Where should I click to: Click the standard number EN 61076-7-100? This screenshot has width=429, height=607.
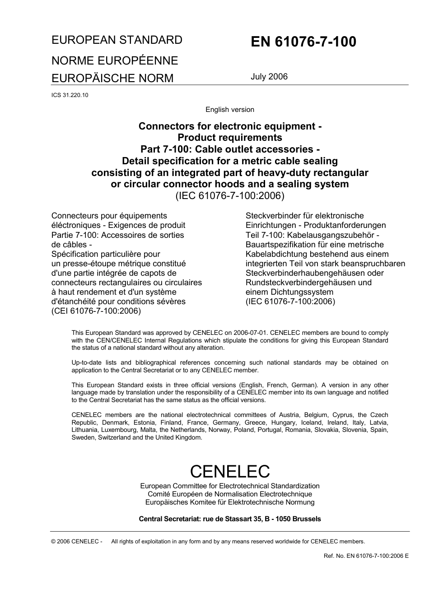[303, 42]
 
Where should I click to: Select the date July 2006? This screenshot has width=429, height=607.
[269, 76]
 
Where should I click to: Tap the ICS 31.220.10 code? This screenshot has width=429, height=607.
[70, 95]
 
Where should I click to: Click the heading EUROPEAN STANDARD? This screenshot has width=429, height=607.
[117, 40]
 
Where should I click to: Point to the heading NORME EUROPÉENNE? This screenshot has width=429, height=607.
[115, 60]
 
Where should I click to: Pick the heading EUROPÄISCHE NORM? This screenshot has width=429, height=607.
[112, 78]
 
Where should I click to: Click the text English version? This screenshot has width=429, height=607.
[230, 110]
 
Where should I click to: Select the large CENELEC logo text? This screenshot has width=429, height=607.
[230, 471]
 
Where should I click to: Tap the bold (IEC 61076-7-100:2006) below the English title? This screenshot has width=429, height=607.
[230, 196]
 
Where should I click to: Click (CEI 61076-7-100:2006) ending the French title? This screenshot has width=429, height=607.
[96, 311]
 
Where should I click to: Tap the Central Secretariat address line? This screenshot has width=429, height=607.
[230, 519]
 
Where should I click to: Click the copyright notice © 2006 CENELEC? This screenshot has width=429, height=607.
[77, 542]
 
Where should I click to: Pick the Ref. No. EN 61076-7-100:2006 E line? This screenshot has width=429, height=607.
[366, 556]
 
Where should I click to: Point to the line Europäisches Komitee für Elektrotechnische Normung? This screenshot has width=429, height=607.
[230, 502]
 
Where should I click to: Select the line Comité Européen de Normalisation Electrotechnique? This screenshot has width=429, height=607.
[230, 494]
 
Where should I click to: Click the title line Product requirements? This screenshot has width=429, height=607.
[230, 138]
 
